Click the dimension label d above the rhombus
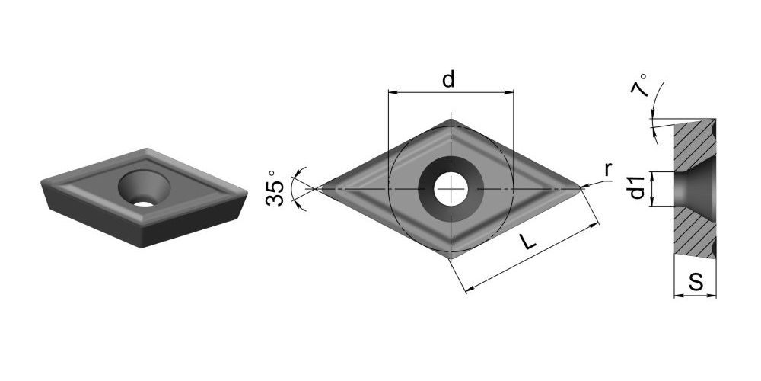[x=448, y=79]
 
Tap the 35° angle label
[x=275, y=188]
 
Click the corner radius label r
[x=608, y=170]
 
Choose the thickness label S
[x=696, y=283]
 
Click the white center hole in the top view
[x=451, y=188]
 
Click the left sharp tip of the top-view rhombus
[x=317, y=188]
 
